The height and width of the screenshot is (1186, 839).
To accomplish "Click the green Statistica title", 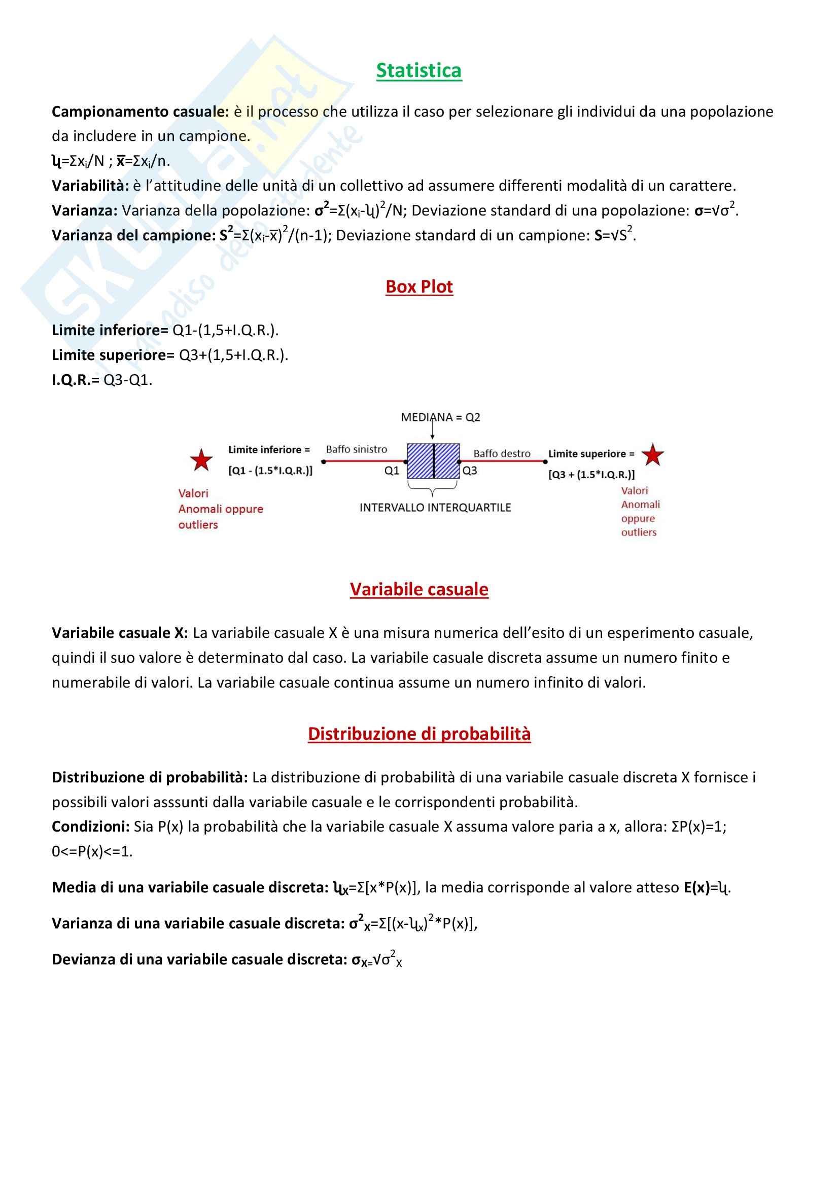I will pos(418,71).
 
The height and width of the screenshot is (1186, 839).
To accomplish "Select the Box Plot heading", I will pos(419,286).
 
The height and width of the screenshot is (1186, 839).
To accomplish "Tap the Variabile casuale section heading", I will pos(419,589).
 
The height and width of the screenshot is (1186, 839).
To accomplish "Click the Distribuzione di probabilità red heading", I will pos(419,734).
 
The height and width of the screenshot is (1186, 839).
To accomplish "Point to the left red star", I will pos(201,460).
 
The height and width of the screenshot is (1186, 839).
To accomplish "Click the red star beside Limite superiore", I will pos(652,455).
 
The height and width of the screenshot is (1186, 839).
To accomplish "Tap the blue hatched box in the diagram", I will pos(433,461).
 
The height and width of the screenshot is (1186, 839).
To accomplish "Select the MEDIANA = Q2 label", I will pos(440,417).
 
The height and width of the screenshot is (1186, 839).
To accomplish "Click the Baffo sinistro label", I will pos(356,449).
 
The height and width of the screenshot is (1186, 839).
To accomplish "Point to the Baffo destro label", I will pos(502,453).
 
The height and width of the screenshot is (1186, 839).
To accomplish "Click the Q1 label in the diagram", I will pos(392,471).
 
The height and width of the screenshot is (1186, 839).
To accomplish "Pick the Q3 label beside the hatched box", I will pos(470,471).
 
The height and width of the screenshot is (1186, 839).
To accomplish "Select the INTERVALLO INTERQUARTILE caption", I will pos(435,508).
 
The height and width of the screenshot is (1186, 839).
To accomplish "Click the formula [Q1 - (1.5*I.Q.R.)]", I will pos(270,471).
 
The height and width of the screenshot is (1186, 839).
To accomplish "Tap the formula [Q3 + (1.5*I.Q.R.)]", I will pos(591,475).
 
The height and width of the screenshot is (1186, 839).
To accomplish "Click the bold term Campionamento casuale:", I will pos(140,112).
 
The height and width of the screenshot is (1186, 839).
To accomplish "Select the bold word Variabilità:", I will pos(90,186).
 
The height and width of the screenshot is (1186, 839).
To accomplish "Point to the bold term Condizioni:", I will pos(90,827).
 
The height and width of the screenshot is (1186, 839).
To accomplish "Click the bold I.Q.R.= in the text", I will pos(76,380).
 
